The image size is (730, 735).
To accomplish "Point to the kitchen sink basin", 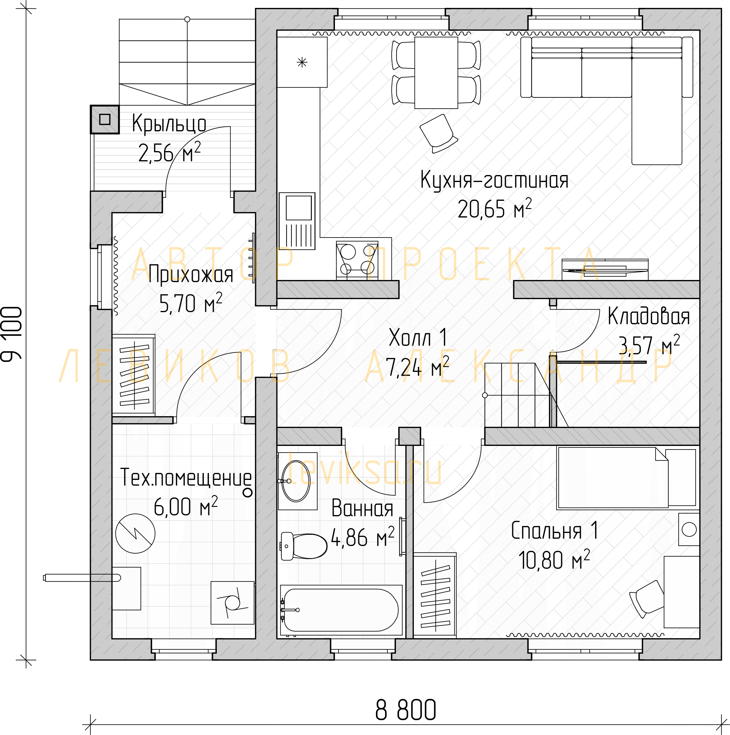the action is tap(298, 208).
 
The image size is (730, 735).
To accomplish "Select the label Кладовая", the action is tap(649, 316).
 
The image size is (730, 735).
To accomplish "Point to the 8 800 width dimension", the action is tap(406, 710).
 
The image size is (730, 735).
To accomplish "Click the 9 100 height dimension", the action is tap(12, 334).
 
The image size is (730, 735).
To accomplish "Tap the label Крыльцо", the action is tap(169, 124).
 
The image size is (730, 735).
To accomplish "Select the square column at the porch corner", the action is tap(105, 120).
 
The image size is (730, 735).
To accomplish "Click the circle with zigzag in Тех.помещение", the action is tap(135, 533).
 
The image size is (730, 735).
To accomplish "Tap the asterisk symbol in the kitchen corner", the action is tap(302, 62).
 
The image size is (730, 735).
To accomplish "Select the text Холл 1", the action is tap(417, 337).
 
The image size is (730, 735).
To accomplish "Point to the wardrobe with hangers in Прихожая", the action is tap(134, 374).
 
